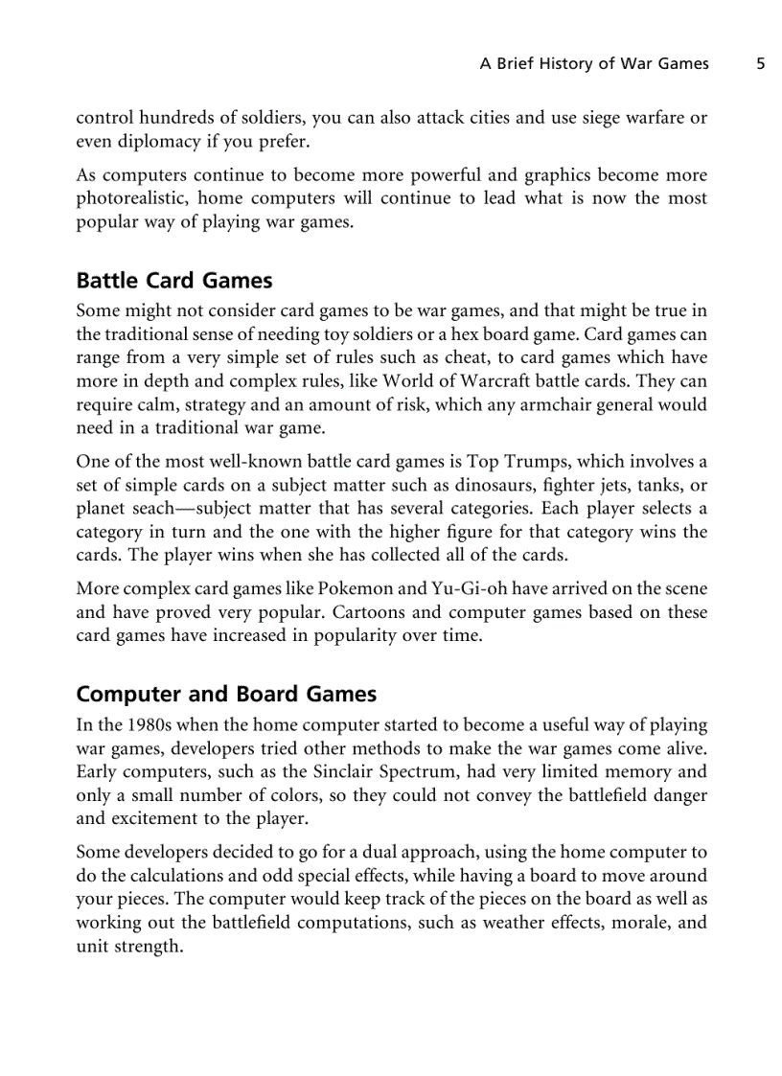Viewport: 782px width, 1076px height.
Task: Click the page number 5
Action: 760,64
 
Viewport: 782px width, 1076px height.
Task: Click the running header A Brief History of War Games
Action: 594,64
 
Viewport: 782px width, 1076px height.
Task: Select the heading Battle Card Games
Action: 173,281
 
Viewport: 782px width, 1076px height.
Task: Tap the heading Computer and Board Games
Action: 226,694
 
